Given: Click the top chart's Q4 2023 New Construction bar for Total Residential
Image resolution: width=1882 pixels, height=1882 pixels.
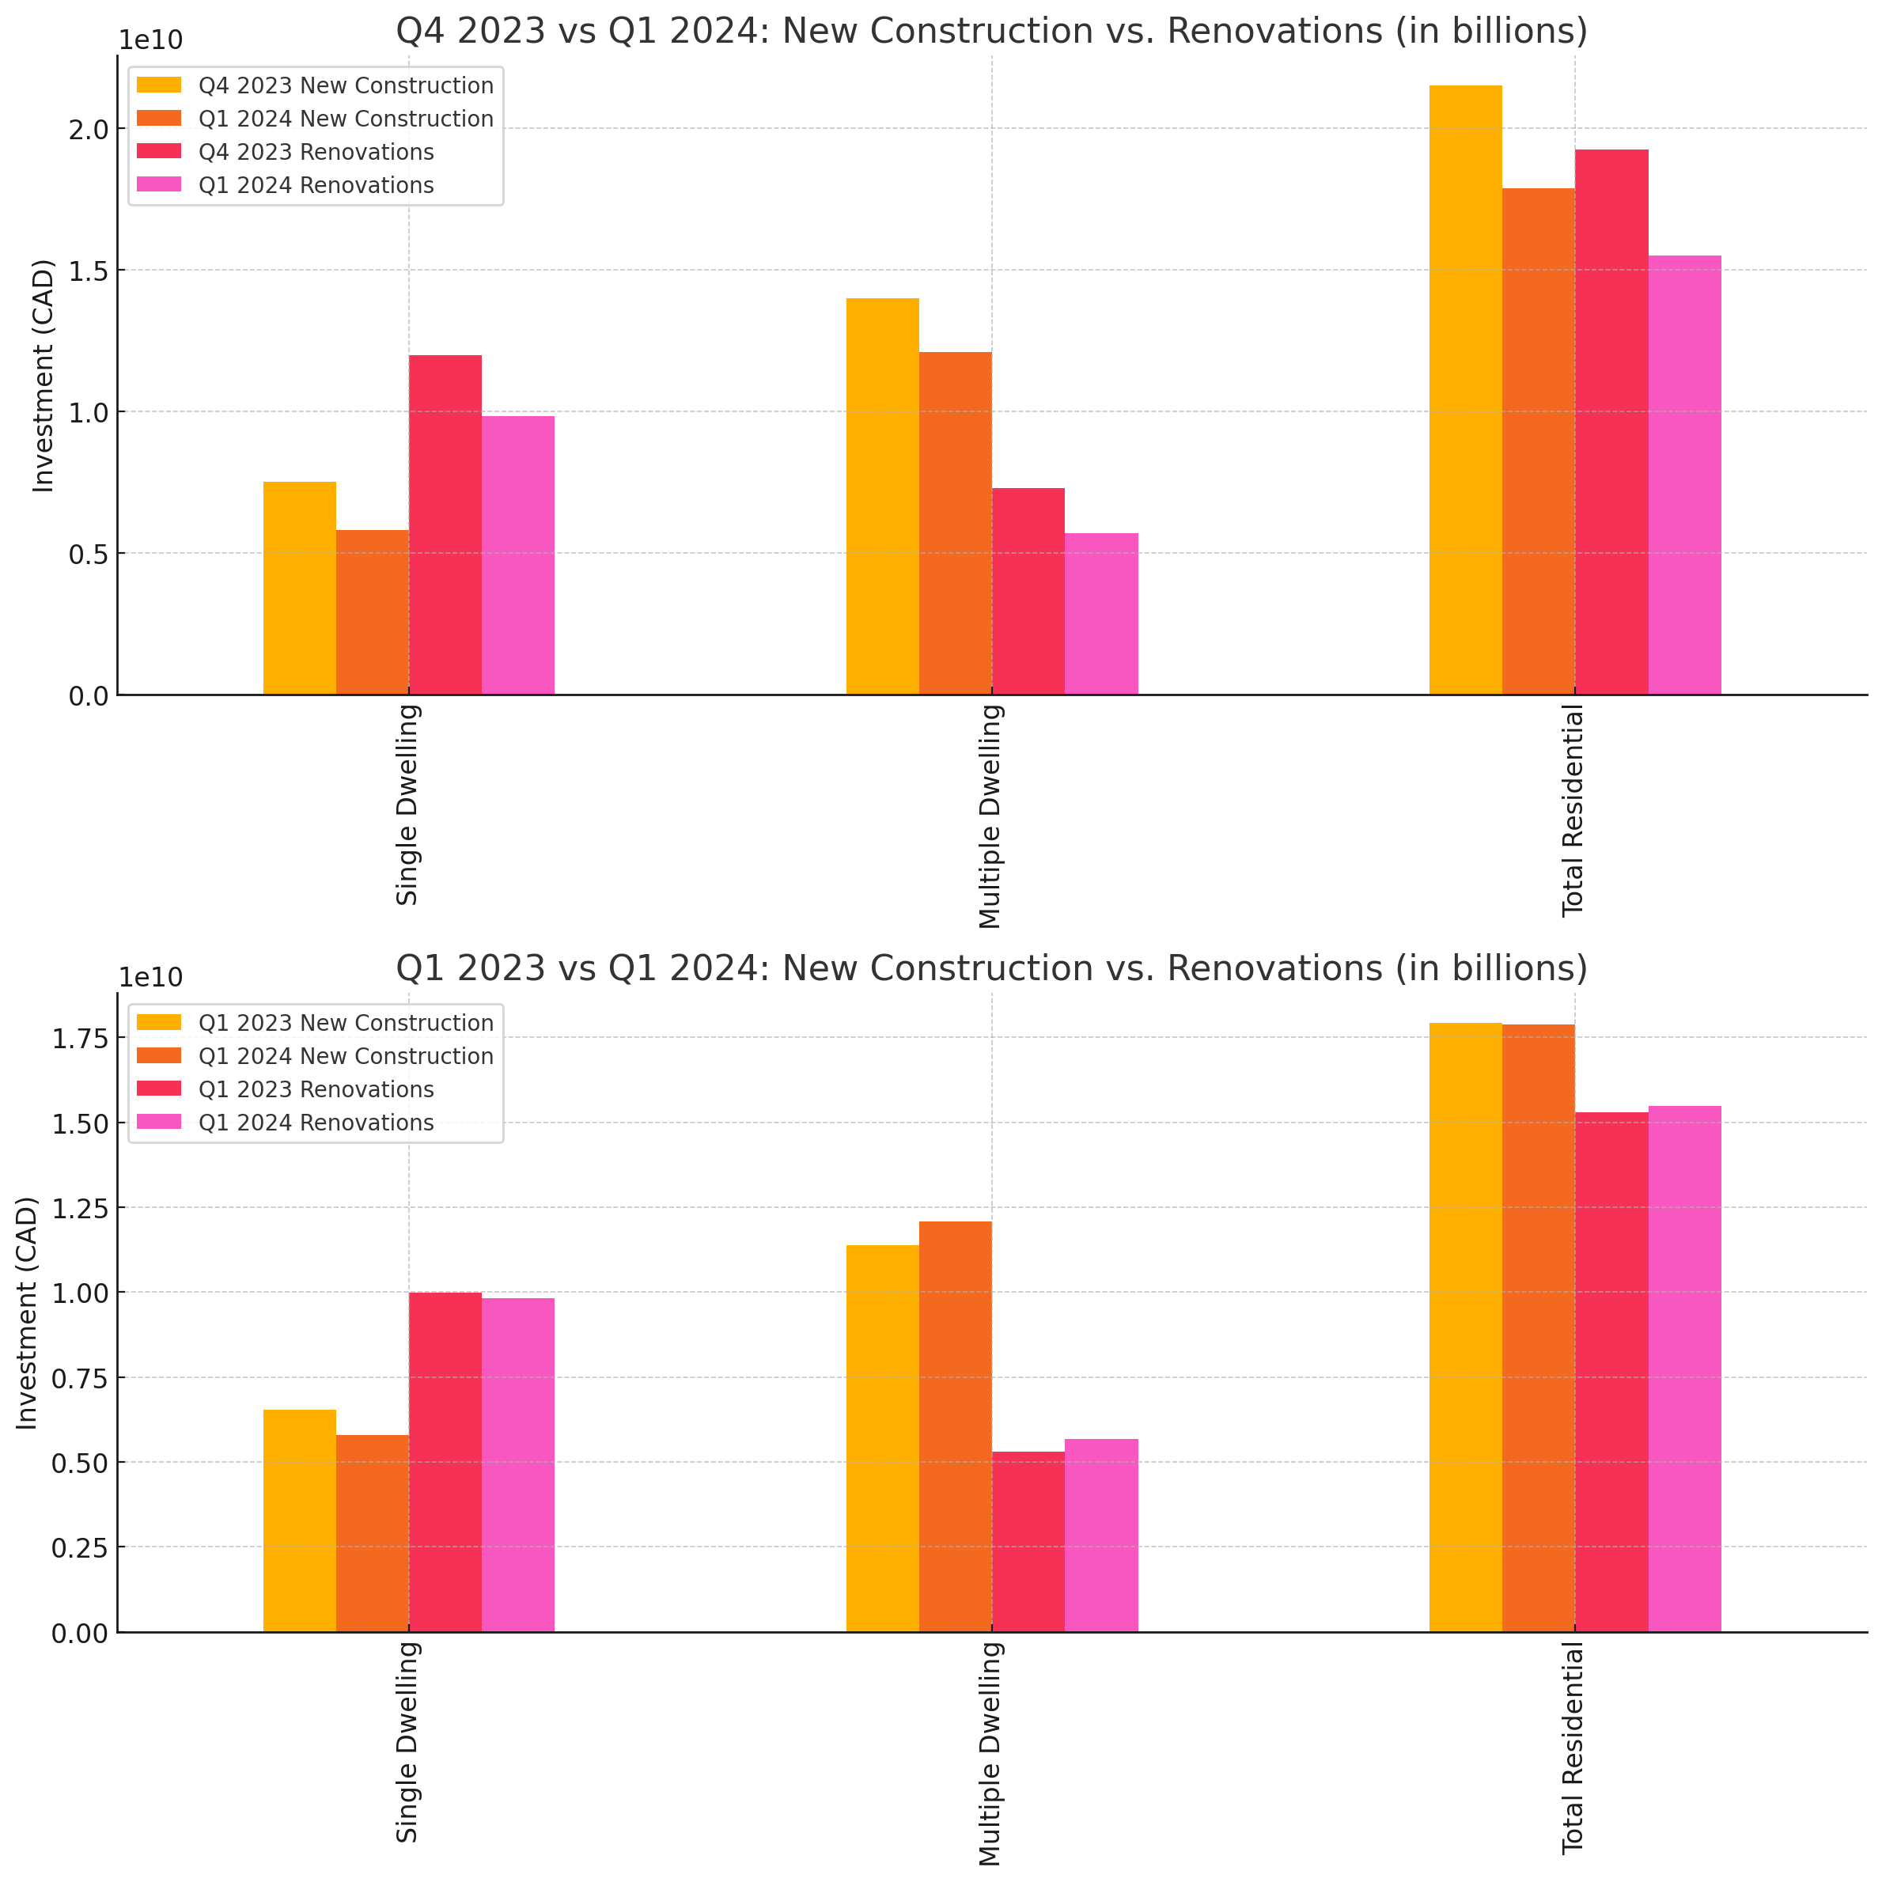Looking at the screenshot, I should [1465, 390].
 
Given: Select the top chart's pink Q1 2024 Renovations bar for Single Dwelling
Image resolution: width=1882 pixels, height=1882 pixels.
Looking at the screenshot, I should [517, 555].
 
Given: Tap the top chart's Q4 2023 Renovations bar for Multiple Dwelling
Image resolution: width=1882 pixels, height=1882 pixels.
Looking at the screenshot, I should [1028, 591].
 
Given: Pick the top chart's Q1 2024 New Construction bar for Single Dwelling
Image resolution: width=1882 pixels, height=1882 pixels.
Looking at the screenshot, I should [372, 612].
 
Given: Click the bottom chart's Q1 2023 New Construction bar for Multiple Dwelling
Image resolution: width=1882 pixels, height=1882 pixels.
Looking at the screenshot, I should [883, 1439].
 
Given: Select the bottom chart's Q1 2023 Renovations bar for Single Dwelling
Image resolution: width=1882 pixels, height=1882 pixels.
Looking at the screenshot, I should [445, 1462].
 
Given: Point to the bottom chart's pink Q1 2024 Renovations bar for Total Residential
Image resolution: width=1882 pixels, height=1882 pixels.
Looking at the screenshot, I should [1684, 1369].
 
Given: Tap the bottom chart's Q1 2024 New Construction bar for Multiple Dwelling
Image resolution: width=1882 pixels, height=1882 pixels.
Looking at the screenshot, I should [956, 1427].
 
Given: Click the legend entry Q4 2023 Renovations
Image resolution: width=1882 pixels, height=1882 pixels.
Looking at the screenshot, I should [316, 152].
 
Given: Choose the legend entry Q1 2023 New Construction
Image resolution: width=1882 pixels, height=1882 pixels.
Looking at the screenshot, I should [345, 1023].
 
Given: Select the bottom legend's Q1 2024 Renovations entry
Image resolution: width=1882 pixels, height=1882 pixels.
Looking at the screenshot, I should [316, 1123].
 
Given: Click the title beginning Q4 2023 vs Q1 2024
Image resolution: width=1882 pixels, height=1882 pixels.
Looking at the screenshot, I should [990, 31].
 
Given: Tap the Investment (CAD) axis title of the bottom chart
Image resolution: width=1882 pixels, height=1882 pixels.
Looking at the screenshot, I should [27, 1313].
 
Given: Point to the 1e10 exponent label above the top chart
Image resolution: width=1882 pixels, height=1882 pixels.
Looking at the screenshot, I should [150, 40].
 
